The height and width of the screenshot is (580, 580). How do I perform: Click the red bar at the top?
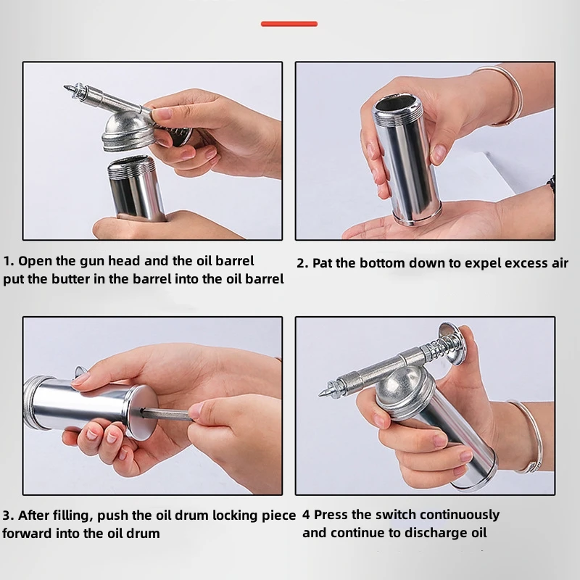289,24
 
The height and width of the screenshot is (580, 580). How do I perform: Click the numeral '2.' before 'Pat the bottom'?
303,263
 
